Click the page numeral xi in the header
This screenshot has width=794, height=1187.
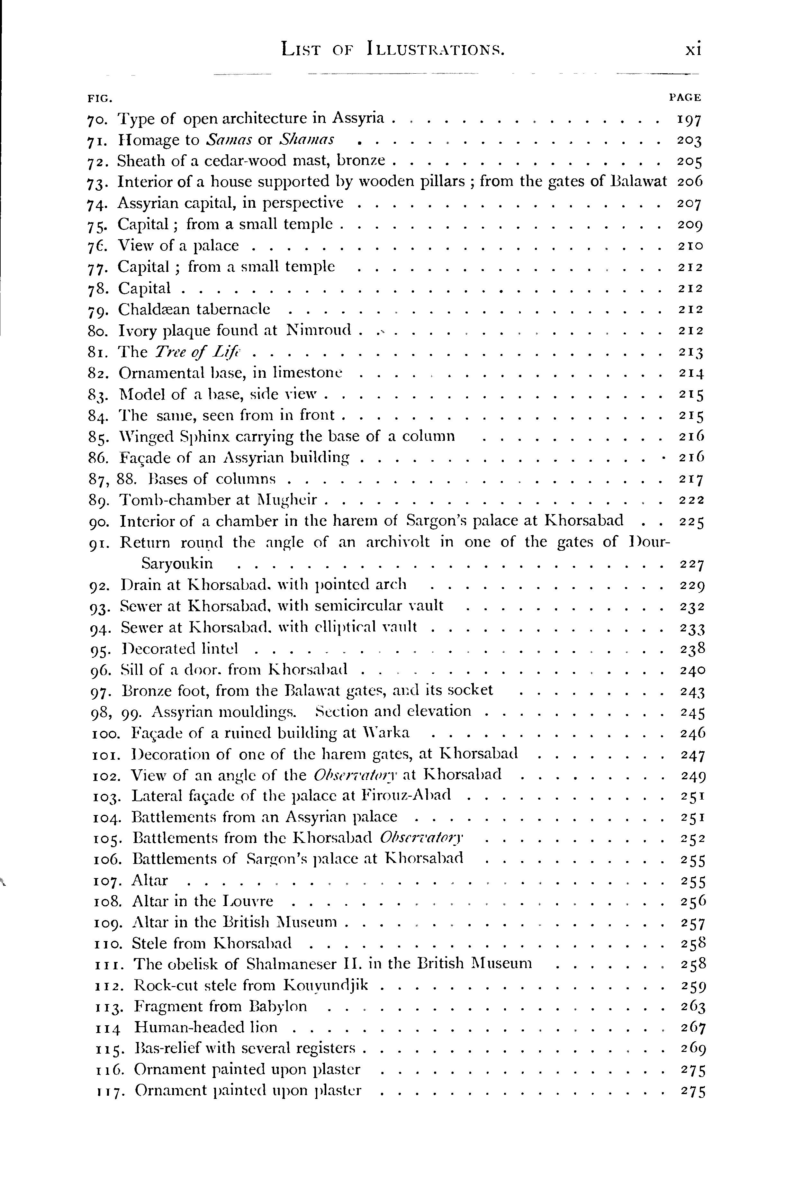click(692, 50)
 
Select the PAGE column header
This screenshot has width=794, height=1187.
click(685, 97)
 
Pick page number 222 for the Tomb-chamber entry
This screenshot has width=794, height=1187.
click(691, 500)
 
